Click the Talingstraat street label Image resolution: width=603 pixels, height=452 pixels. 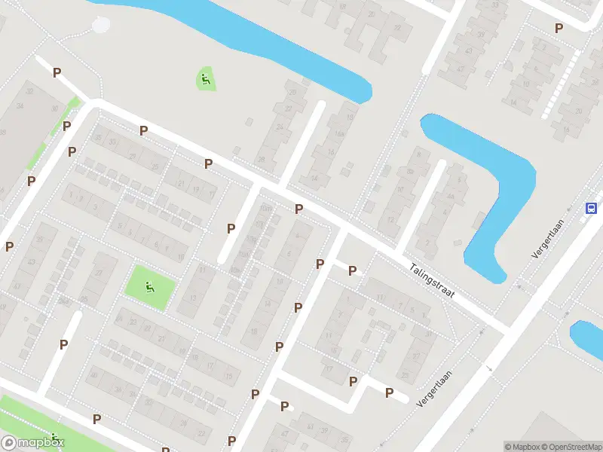[433, 279]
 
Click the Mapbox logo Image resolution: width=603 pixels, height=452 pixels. [32, 442]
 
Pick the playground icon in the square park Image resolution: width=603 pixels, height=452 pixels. [150, 286]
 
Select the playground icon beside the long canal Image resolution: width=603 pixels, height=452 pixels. [206, 78]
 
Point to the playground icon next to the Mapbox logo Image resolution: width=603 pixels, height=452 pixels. [55, 438]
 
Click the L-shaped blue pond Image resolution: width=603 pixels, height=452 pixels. [490, 188]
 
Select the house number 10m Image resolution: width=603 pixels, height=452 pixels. [235, 269]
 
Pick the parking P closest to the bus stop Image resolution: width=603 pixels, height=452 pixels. [559, 28]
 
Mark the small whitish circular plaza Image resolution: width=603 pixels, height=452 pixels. [101, 26]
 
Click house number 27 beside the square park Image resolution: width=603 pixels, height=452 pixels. [99, 273]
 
